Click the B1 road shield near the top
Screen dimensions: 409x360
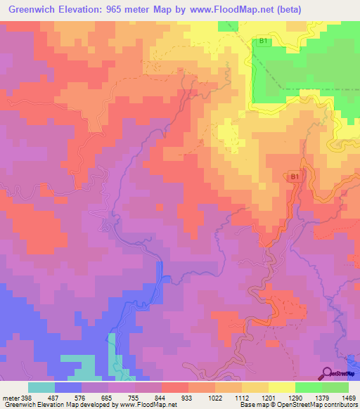pyautogui.click(x=263, y=41)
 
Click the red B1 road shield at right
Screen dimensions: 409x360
pyautogui.click(x=295, y=178)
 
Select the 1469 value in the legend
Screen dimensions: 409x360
pyautogui.click(x=349, y=397)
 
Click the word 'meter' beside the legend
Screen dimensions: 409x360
pyautogui.click(x=10, y=397)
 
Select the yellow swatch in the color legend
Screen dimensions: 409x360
pyautogui.click(x=281, y=387)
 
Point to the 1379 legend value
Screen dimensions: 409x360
pyautogui.click(x=323, y=397)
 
